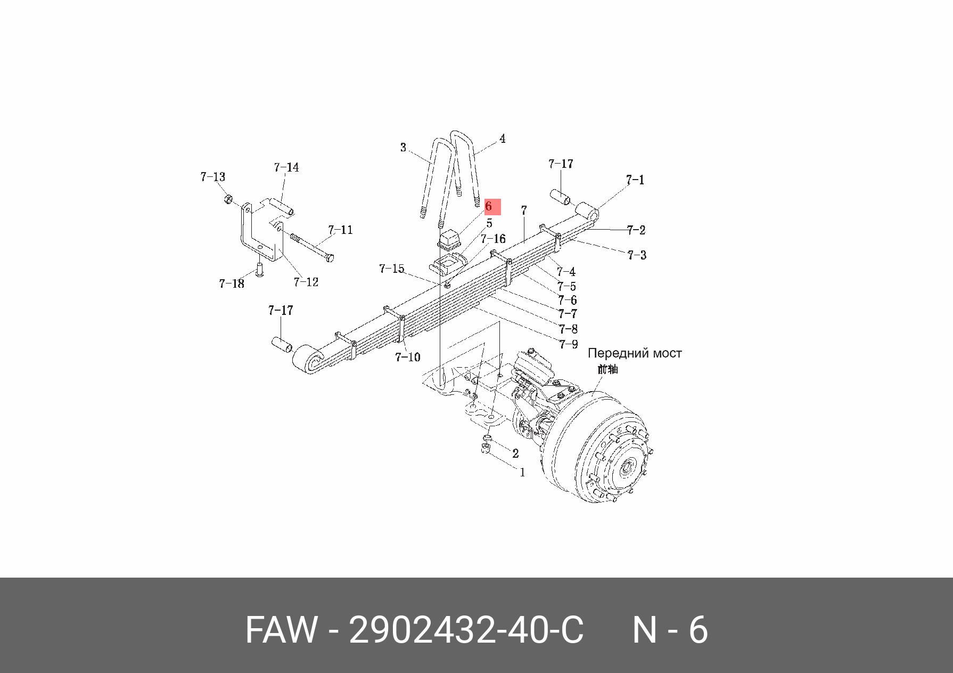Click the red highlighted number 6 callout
click(x=491, y=206)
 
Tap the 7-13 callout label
click(x=212, y=177)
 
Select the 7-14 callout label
click(x=286, y=167)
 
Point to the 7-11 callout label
click(x=340, y=230)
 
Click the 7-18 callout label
click(x=232, y=283)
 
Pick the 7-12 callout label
click(x=306, y=282)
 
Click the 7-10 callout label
click(x=407, y=357)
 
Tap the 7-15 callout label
click(x=391, y=269)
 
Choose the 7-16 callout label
click(x=493, y=239)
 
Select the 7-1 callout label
click(x=635, y=180)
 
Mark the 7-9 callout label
click(x=568, y=344)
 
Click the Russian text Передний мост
click(x=634, y=353)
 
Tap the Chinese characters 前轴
click(x=607, y=369)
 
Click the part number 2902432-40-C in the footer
click(x=466, y=630)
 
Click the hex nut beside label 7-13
click(x=227, y=199)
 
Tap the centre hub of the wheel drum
click(x=626, y=469)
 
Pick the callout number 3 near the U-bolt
click(x=403, y=147)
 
